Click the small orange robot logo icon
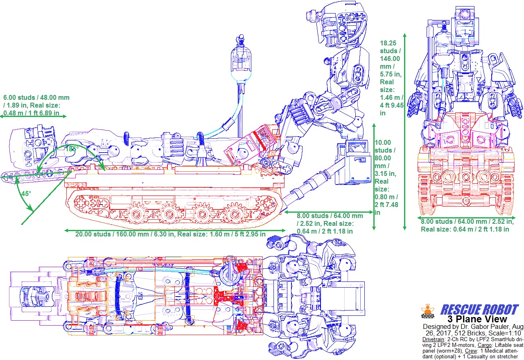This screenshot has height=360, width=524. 428,311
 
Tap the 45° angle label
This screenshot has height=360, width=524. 26,194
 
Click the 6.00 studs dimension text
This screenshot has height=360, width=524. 36,105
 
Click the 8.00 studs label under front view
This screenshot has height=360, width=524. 467,225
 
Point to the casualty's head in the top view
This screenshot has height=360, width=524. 35,295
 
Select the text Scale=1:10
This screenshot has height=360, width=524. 503,333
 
